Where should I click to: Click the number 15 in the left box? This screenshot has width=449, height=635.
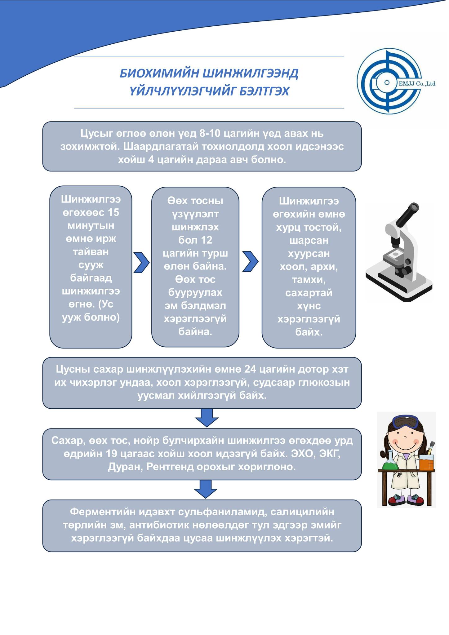point(113,212)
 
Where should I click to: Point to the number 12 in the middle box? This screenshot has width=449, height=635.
point(206,240)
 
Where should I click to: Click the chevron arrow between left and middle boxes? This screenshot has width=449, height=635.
point(141,263)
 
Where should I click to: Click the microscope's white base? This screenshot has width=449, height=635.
point(399,283)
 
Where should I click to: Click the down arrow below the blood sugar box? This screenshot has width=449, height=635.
point(207,418)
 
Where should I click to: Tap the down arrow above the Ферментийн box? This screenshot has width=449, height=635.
point(206,489)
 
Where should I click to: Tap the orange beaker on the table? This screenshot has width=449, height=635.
point(426,462)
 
